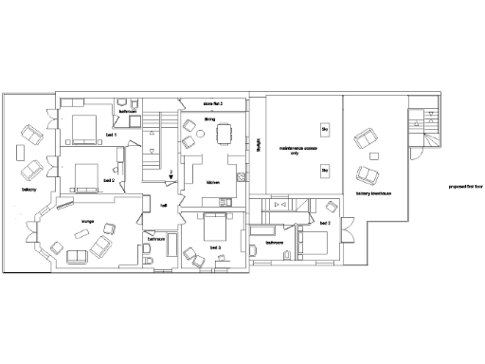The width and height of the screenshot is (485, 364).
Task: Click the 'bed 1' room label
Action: click(111, 136)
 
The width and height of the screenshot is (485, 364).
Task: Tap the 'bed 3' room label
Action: click(216, 246)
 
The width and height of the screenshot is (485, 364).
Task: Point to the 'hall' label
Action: click(164, 204)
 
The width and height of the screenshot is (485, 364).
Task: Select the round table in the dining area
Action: click(189, 142)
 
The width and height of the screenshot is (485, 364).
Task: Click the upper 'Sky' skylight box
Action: click(324, 128)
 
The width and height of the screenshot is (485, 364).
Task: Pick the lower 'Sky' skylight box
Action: click(324, 171)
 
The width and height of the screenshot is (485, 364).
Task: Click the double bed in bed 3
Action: click(216, 227)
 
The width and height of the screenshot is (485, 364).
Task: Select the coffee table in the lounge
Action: click(77, 254)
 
